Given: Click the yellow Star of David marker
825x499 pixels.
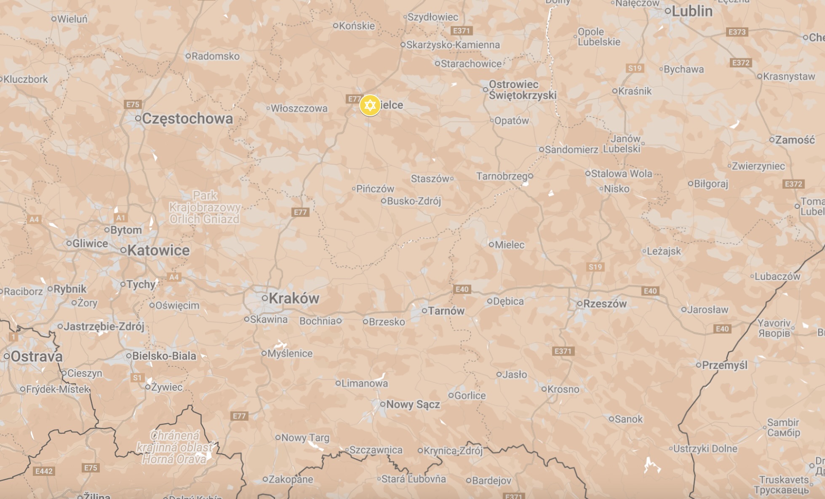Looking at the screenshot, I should (370, 105).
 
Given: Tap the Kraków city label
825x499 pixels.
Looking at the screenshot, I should (294, 298).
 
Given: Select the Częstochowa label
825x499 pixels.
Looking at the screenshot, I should (187, 119).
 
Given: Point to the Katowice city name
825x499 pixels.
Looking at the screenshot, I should (158, 251).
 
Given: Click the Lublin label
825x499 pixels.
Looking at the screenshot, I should (692, 11).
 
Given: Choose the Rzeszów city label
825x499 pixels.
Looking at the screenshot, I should (604, 304).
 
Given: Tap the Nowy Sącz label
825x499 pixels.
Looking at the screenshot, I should (413, 404).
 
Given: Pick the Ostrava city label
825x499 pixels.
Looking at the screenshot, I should (37, 357).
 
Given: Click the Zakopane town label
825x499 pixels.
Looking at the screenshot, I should (291, 479).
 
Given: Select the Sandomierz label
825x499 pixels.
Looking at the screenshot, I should (571, 149).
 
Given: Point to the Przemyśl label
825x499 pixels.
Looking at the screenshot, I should (724, 365).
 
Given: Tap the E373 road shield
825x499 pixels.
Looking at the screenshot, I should (737, 32).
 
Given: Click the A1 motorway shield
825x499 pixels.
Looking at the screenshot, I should (120, 218).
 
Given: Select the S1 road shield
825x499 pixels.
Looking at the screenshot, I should (137, 378).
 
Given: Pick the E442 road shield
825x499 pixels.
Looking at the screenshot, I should (44, 471).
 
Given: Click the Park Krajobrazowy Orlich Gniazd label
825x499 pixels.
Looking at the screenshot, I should (205, 207).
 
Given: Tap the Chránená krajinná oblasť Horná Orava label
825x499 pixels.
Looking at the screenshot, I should (175, 447).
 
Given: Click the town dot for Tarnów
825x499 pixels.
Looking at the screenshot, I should (425, 311).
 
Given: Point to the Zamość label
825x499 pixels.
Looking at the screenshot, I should (795, 140).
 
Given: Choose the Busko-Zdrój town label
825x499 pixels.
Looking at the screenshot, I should (414, 201).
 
